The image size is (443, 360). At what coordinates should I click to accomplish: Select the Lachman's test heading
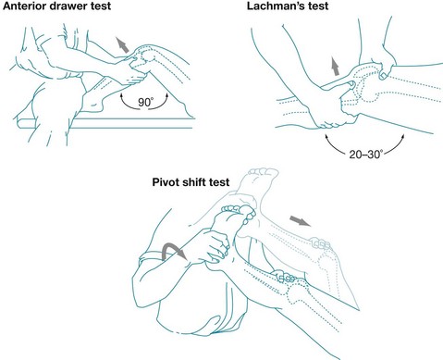(288, 6)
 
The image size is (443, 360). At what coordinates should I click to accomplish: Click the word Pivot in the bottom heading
(166, 181)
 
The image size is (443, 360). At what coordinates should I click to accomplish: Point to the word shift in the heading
(193, 181)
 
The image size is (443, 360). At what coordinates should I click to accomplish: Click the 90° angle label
(145, 102)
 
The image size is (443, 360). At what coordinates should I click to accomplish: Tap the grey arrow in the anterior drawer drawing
(122, 44)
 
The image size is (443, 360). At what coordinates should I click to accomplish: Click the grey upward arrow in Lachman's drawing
(335, 66)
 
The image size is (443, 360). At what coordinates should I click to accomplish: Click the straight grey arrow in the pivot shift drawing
(301, 221)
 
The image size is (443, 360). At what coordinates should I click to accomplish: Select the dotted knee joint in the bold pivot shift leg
(297, 292)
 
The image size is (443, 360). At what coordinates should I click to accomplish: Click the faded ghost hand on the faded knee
(320, 243)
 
